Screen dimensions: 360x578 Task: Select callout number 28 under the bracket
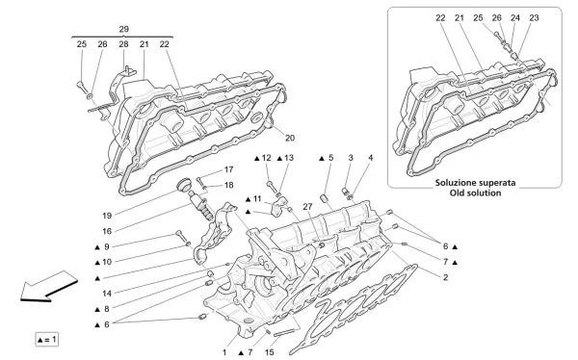point(123,45)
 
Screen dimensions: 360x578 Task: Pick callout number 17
point(228,170)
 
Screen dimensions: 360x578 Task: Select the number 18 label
point(228,185)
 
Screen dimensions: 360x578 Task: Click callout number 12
point(267,158)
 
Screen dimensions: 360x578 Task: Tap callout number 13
point(288,158)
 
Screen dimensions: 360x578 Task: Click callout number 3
point(351,158)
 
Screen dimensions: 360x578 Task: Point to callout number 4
point(372,158)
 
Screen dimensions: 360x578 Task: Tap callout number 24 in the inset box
point(515,18)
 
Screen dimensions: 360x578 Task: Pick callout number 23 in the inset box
point(534,18)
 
